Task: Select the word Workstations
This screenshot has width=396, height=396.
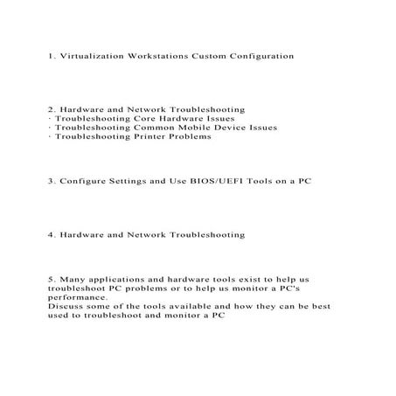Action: point(160,55)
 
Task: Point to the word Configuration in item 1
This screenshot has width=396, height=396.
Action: point(265,55)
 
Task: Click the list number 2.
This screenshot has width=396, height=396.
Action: point(52,108)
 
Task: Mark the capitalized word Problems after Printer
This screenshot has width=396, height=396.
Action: point(191,137)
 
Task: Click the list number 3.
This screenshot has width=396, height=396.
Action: point(52,181)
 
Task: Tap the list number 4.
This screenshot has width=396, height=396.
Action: point(52,235)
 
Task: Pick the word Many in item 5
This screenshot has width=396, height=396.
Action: point(73,280)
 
